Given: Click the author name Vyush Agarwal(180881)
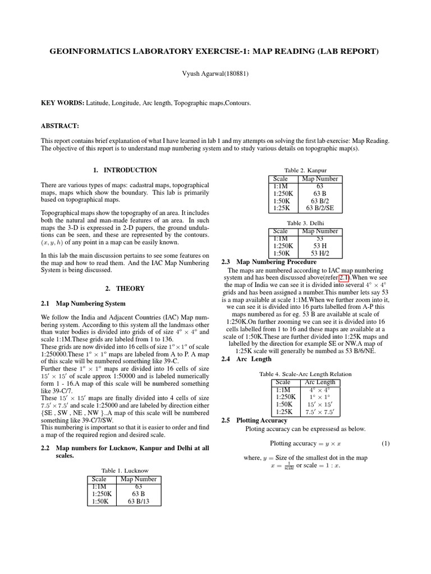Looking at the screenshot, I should pos(215,73).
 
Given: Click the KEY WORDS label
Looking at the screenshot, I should pos(62,104).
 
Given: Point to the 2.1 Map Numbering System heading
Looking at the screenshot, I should pos(83,304).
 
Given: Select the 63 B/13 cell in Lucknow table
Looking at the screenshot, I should pos(139,502).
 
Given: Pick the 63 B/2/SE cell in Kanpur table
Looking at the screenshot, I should pos(320,208).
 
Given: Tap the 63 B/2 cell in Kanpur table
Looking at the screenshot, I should pos(320,201).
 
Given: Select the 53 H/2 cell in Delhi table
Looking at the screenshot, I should pos(320,253).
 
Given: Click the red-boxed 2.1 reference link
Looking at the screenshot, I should pos(343,277).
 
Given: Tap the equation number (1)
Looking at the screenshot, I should pos(386,443).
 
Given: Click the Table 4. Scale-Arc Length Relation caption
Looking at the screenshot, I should pos(305,374).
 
